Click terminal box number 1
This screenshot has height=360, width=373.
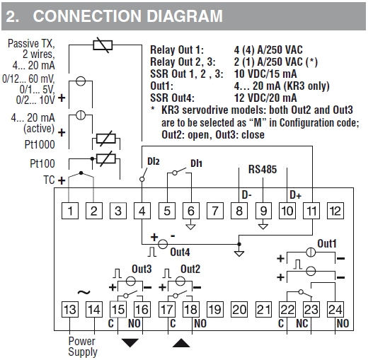click(x=70, y=211)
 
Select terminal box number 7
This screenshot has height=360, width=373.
click(x=215, y=211)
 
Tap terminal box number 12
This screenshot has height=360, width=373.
click(x=335, y=211)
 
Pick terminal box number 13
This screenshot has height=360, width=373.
click(x=70, y=309)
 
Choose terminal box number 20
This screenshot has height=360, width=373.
click(x=239, y=309)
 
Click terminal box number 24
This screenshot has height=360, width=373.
click(x=335, y=309)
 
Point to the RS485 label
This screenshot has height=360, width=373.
click(x=263, y=169)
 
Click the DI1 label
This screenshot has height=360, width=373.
click(x=196, y=163)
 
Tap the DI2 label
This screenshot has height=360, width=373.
click(x=154, y=161)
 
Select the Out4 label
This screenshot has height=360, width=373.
click(x=180, y=252)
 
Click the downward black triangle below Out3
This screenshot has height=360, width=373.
click(x=130, y=343)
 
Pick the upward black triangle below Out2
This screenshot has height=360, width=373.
click(x=181, y=343)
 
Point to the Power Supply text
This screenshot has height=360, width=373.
click(x=83, y=347)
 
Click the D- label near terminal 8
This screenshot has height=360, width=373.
click(x=247, y=195)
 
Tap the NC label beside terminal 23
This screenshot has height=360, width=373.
click(x=302, y=323)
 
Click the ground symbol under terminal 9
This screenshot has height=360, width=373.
click(x=263, y=226)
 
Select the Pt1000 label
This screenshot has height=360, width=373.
click(x=40, y=144)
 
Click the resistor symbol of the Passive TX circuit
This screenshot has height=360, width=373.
click(x=103, y=45)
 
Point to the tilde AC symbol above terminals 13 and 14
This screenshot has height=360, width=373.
click(x=84, y=292)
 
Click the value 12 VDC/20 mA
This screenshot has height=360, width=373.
click(x=265, y=98)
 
